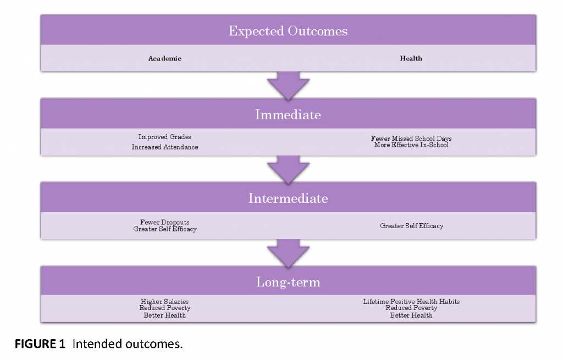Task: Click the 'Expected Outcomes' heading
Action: coord(288,31)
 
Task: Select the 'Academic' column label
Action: coord(165,58)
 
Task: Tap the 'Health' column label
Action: coord(411,58)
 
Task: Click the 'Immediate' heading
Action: coord(288,114)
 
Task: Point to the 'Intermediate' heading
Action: coord(288,198)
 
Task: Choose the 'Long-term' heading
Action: coord(288,282)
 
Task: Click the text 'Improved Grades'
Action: coord(165,137)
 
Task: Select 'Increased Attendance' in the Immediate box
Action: coord(165,147)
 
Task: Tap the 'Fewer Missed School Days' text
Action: coord(411,138)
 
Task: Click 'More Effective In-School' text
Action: coord(411,145)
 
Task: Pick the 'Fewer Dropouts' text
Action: coord(165,222)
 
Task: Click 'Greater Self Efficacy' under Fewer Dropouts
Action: coord(165,229)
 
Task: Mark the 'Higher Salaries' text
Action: coord(164,302)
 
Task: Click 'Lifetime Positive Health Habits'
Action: coord(411,302)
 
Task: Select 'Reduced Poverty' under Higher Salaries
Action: coord(165,308)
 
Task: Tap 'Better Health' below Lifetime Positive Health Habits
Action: coord(411,315)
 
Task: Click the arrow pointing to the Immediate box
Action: coord(288,85)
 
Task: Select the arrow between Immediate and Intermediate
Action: coord(288,169)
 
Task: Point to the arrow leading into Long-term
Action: coord(288,253)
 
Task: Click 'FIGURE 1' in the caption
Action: coord(40,344)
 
